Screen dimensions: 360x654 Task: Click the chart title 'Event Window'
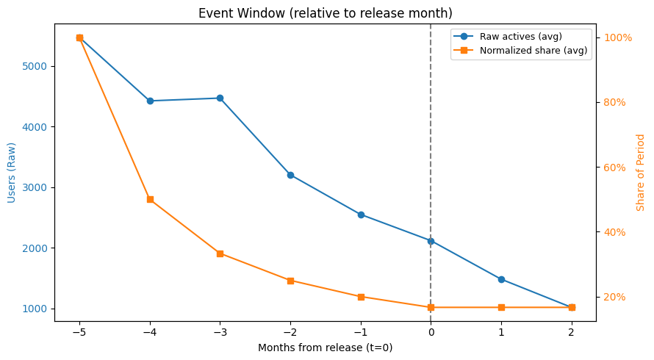[x=326, y=13]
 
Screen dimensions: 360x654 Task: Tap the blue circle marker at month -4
[x=150, y=101]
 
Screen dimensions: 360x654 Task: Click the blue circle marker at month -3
[x=220, y=98]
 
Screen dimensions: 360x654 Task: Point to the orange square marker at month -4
[x=150, y=199]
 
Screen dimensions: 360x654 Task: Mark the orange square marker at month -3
[x=220, y=253]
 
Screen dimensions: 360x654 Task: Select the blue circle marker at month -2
[x=290, y=175]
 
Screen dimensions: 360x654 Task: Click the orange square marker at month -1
[x=361, y=297]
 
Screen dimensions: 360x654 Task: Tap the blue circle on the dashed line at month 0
[x=431, y=241]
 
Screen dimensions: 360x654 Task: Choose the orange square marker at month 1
[x=501, y=307]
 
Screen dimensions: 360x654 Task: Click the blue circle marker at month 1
[x=501, y=279]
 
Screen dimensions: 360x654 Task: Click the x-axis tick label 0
[x=431, y=331]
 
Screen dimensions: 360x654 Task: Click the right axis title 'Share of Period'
[x=641, y=172]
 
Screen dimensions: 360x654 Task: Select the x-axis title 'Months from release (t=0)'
[x=325, y=348]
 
